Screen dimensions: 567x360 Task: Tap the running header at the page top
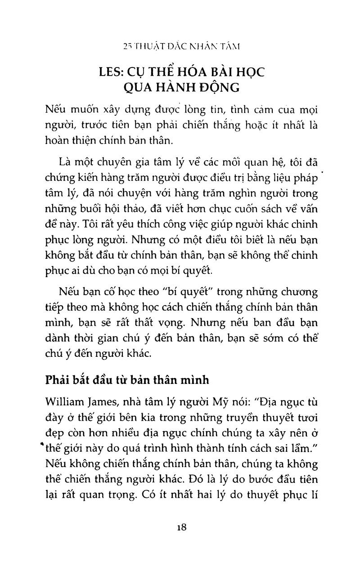(182, 46)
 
